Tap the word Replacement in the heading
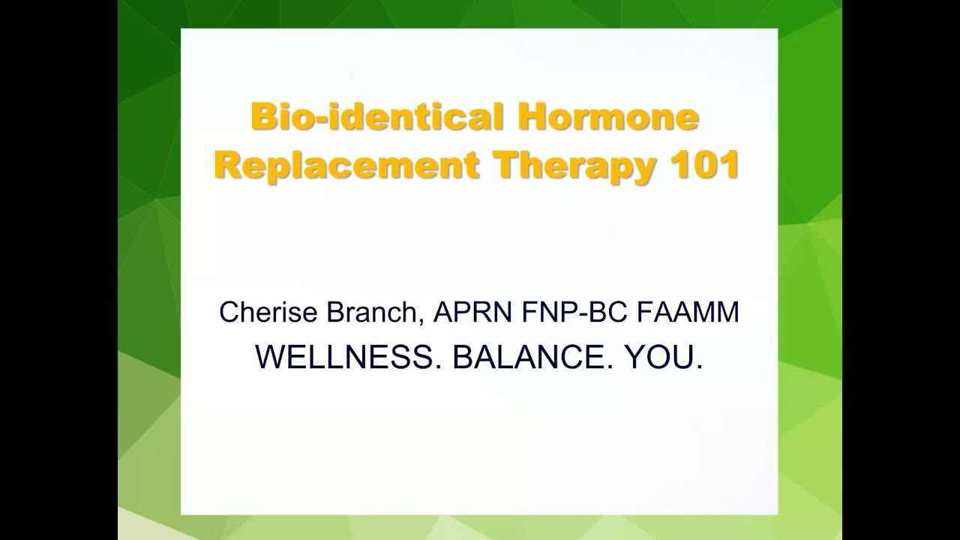pyautogui.click(x=346, y=166)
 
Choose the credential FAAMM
pyautogui.click(x=688, y=313)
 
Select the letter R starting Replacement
pyautogui.click(x=227, y=166)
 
